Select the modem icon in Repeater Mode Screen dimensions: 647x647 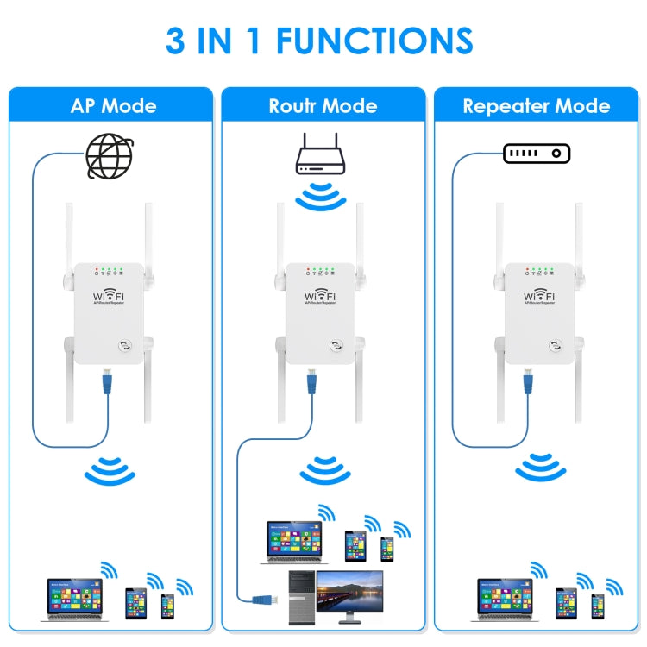[x=537, y=153]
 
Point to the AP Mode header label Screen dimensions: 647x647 [x=113, y=106]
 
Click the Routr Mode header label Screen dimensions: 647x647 [x=323, y=106]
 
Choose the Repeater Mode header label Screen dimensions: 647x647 [x=536, y=106]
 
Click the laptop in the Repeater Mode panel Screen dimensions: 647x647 [x=504, y=596]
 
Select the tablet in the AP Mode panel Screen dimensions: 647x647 [x=135, y=601]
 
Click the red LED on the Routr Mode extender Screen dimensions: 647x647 [x=309, y=270]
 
